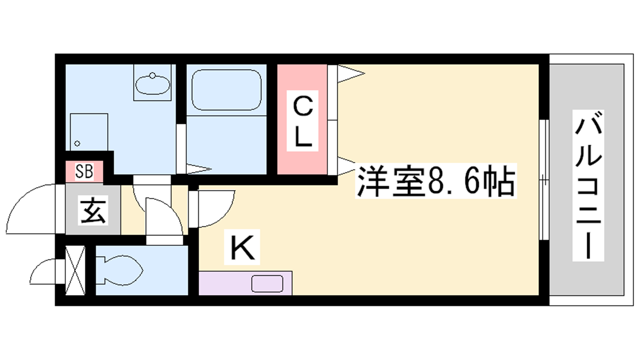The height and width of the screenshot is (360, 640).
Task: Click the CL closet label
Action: point(302,121)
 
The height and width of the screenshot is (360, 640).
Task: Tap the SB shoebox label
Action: point(84,172)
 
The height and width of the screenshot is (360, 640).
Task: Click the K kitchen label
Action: point(242,247)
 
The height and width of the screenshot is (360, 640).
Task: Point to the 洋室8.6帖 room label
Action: point(436,181)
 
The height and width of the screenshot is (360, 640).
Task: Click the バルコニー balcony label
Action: point(588,186)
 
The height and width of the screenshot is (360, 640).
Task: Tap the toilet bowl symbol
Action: point(119,270)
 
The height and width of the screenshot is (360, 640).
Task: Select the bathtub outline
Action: point(226,90)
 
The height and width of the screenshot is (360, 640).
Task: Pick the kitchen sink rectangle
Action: point(267,284)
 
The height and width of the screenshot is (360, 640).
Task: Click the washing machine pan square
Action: point(89,132)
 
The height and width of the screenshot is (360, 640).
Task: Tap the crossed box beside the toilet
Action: point(75,270)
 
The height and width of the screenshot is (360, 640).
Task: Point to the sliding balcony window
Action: point(544,180)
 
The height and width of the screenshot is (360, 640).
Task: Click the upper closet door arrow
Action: point(351,74)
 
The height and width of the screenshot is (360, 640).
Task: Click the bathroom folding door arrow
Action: point(199,168)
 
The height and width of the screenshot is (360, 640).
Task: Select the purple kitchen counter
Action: point(246,283)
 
